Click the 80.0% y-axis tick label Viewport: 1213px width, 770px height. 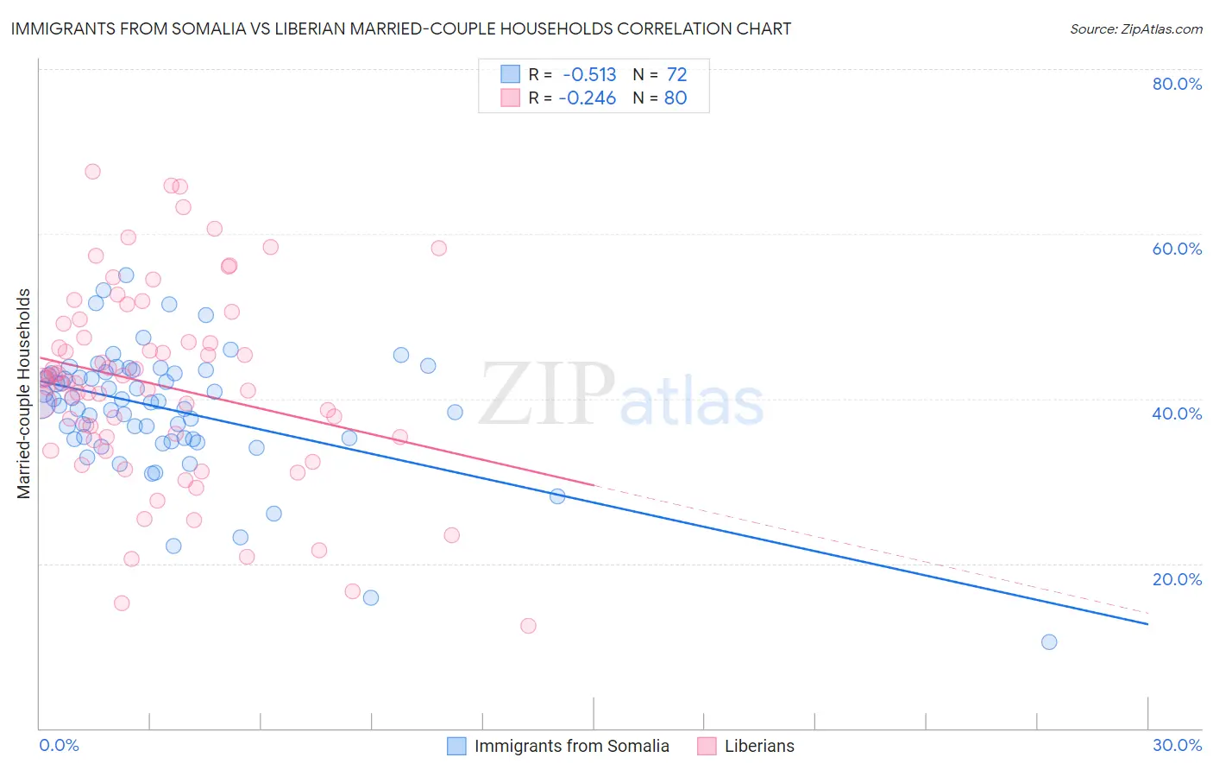1177,84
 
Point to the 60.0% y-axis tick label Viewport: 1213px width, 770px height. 1177,249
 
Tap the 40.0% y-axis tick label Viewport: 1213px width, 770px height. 1177,413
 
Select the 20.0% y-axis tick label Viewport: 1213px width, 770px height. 1177,579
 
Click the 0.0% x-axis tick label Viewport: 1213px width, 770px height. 59,745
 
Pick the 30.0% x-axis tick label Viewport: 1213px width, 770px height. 1177,745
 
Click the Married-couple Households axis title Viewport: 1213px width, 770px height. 24,394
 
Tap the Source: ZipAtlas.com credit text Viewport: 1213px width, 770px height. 1135,29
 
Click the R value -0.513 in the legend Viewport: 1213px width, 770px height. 589,74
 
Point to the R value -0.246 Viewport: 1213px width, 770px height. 588,98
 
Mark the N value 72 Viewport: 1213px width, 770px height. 676,74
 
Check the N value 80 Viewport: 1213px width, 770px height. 676,98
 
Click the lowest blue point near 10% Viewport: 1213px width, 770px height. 1049,641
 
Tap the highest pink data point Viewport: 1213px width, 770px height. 92,172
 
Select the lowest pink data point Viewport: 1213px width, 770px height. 528,626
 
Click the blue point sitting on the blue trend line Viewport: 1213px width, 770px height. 557,496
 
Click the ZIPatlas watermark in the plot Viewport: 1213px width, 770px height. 621,395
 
